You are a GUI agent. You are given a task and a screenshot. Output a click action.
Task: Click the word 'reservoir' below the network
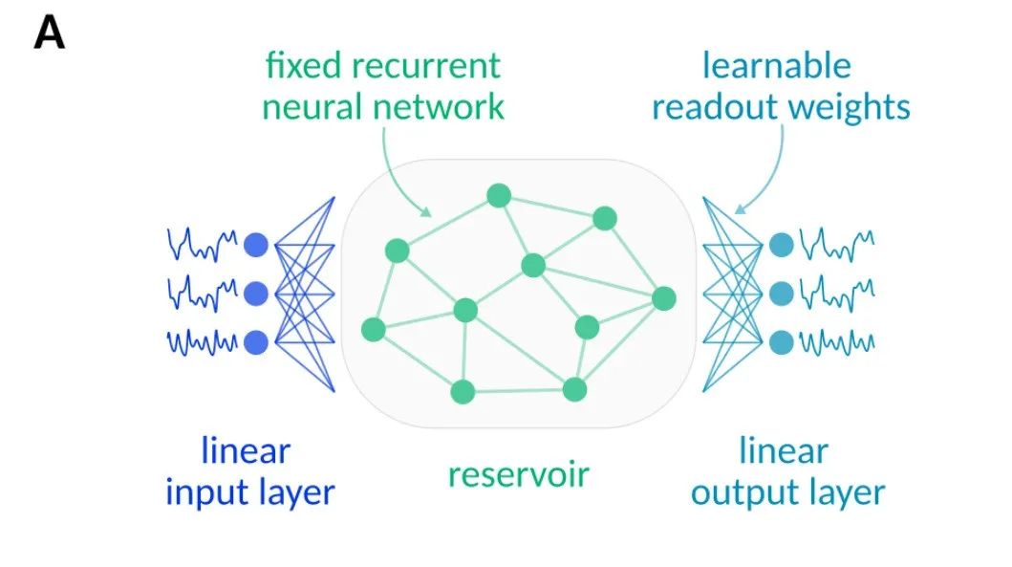pos(519,472)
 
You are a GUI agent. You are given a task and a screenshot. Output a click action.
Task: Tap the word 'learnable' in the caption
pos(776,66)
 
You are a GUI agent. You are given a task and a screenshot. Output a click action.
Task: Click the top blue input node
pos(256,246)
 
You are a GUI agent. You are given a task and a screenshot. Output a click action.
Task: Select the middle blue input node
pos(256,292)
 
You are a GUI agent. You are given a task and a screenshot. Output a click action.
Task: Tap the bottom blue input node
pos(256,341)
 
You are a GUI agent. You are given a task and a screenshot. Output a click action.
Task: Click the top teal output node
pos(781,245)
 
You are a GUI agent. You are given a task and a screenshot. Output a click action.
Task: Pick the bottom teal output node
pos(781,341)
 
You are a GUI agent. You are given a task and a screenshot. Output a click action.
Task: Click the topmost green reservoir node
pos(498,196)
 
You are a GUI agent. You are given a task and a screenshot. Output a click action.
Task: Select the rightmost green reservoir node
pos(664,298)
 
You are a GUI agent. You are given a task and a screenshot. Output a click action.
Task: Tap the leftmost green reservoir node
pos(374,330)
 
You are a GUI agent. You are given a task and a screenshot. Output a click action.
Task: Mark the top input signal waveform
pos(203,246)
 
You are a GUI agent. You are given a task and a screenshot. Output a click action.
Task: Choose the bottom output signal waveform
pos(835,341)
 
